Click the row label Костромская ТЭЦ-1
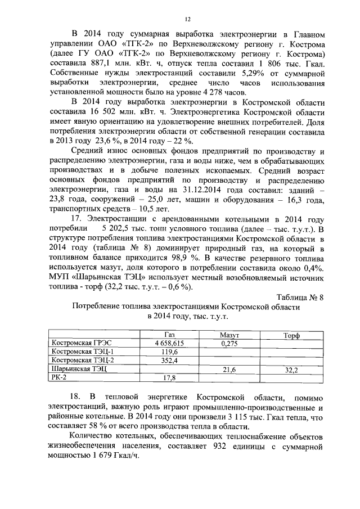82,352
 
